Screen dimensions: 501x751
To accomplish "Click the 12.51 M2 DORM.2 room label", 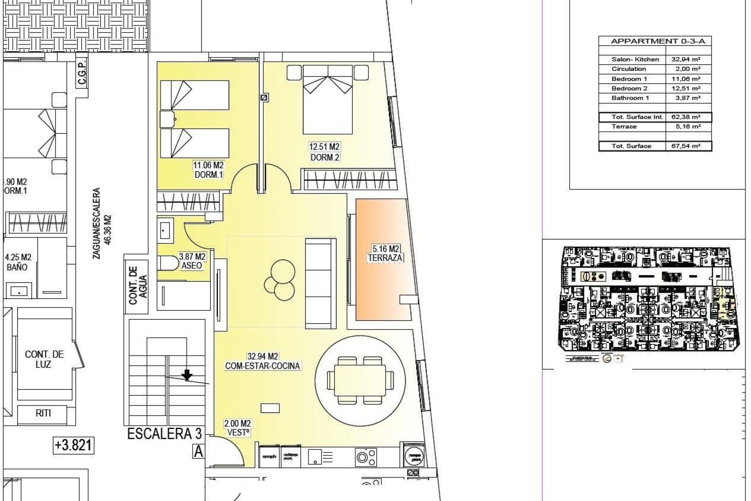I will (324, 152).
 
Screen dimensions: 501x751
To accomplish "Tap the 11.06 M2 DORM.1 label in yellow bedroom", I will (208, 170).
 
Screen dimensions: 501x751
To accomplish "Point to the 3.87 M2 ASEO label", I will (192, 261).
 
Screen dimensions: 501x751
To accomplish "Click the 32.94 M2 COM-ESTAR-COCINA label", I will (262, 361).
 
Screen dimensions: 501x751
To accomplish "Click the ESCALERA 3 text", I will (164, 434).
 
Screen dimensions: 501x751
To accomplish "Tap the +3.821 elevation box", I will (74, 445).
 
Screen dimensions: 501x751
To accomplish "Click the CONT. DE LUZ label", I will (44, 359).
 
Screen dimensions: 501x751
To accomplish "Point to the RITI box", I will (43, 413).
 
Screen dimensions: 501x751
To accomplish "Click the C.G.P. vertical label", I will (82, 74).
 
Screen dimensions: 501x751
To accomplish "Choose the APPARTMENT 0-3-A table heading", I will (655, 41).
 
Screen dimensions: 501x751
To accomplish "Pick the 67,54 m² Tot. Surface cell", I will (688, 146).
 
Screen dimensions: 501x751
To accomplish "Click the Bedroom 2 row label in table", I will (629, 88).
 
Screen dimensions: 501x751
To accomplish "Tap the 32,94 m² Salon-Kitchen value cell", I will (688, 59).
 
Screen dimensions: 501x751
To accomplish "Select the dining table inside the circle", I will (360, 380).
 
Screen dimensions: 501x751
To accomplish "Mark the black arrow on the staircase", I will (187, 375).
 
